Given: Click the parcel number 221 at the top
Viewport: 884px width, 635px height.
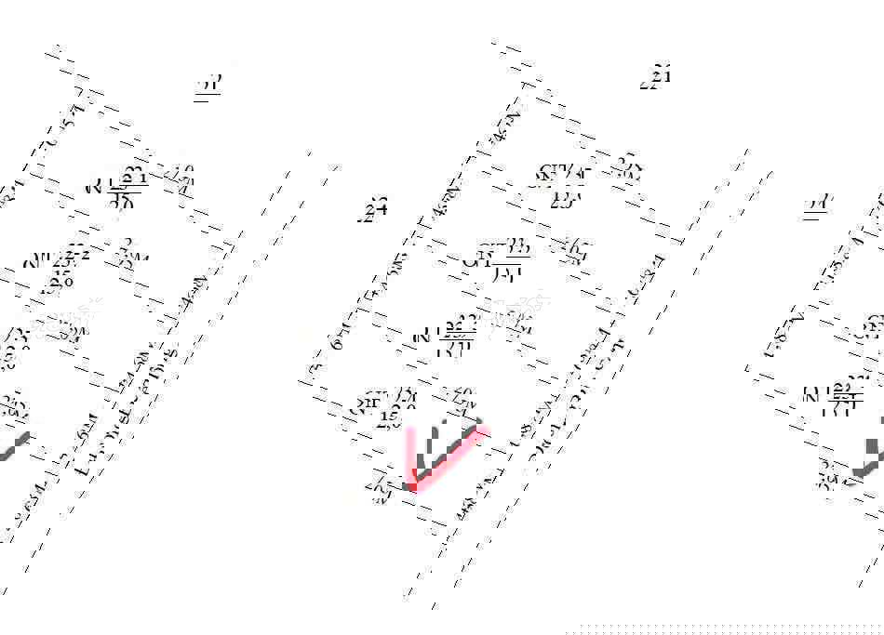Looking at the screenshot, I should click(x=656, y=77).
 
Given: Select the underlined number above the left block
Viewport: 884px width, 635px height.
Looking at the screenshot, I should click(x=209, y=86).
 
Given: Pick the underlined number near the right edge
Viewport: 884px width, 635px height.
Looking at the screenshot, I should click(x=818, y=205).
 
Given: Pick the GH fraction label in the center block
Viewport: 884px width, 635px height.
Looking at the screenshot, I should click(x=499, y=258).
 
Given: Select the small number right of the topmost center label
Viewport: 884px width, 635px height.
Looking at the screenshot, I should click(x=629, y=168).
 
